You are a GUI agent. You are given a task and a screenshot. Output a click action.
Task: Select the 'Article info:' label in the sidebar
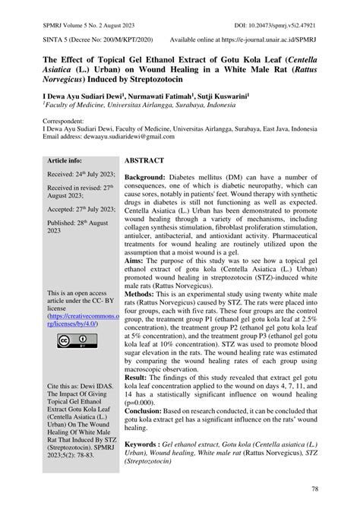pos(65,162)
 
